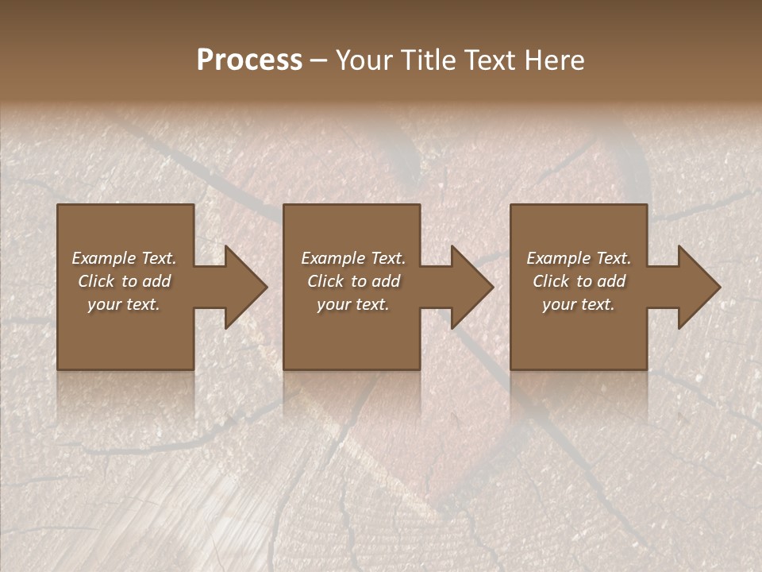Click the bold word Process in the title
click(249, 60)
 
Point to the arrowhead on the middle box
click(471, 287)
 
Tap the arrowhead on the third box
click(697, 287)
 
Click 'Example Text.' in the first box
click(124, 258)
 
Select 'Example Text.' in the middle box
click(353, 258)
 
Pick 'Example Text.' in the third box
click(579, 258)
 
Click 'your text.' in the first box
click(124, 304)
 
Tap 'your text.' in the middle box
click(353, 304)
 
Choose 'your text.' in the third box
click(579, 304)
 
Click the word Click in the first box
click(96, 281)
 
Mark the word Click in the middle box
click(325, 281)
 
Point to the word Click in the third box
click(551, 281)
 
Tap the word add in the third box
click(611, 281)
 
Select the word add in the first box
click(156, 281)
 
